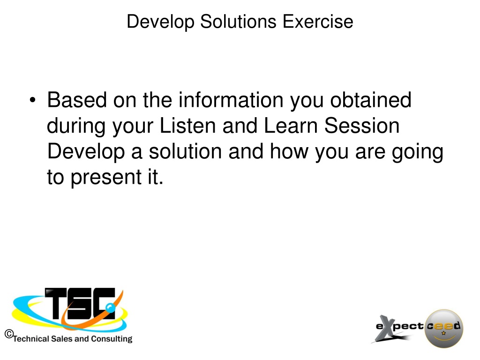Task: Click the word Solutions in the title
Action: pyautogui.click(x=238, y=22)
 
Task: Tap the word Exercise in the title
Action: pyautogui.click(x=318, y=22)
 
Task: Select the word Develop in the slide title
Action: pyautogui.click(x=160, y=22)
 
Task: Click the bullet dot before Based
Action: pyautogui.click(x=33, y=100)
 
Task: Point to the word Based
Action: pyautogui.click(x=77, y=100)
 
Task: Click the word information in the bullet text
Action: pyautogui.click(x=231, y=100)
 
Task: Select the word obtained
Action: pyautogui.click(x=371, y=100)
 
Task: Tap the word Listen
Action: pyautogui.click(x=188, y=126)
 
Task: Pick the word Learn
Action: pyautogui.click(x=291, y=126)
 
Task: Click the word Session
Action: pyautogui.click(x=362, y=126)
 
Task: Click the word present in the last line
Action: pyautogui.click(x=106, y=178)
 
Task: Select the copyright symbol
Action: pyautogui.click(x=9, y=334)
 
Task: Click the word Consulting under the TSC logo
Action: pyautogui.click(x=112, y=339)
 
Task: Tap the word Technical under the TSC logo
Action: pyautogui.click(x=31, y=339)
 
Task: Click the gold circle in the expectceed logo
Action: pyautogui.click(x=444, y=329)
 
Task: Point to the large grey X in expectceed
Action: pyautogui.click(x=388, y=329)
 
